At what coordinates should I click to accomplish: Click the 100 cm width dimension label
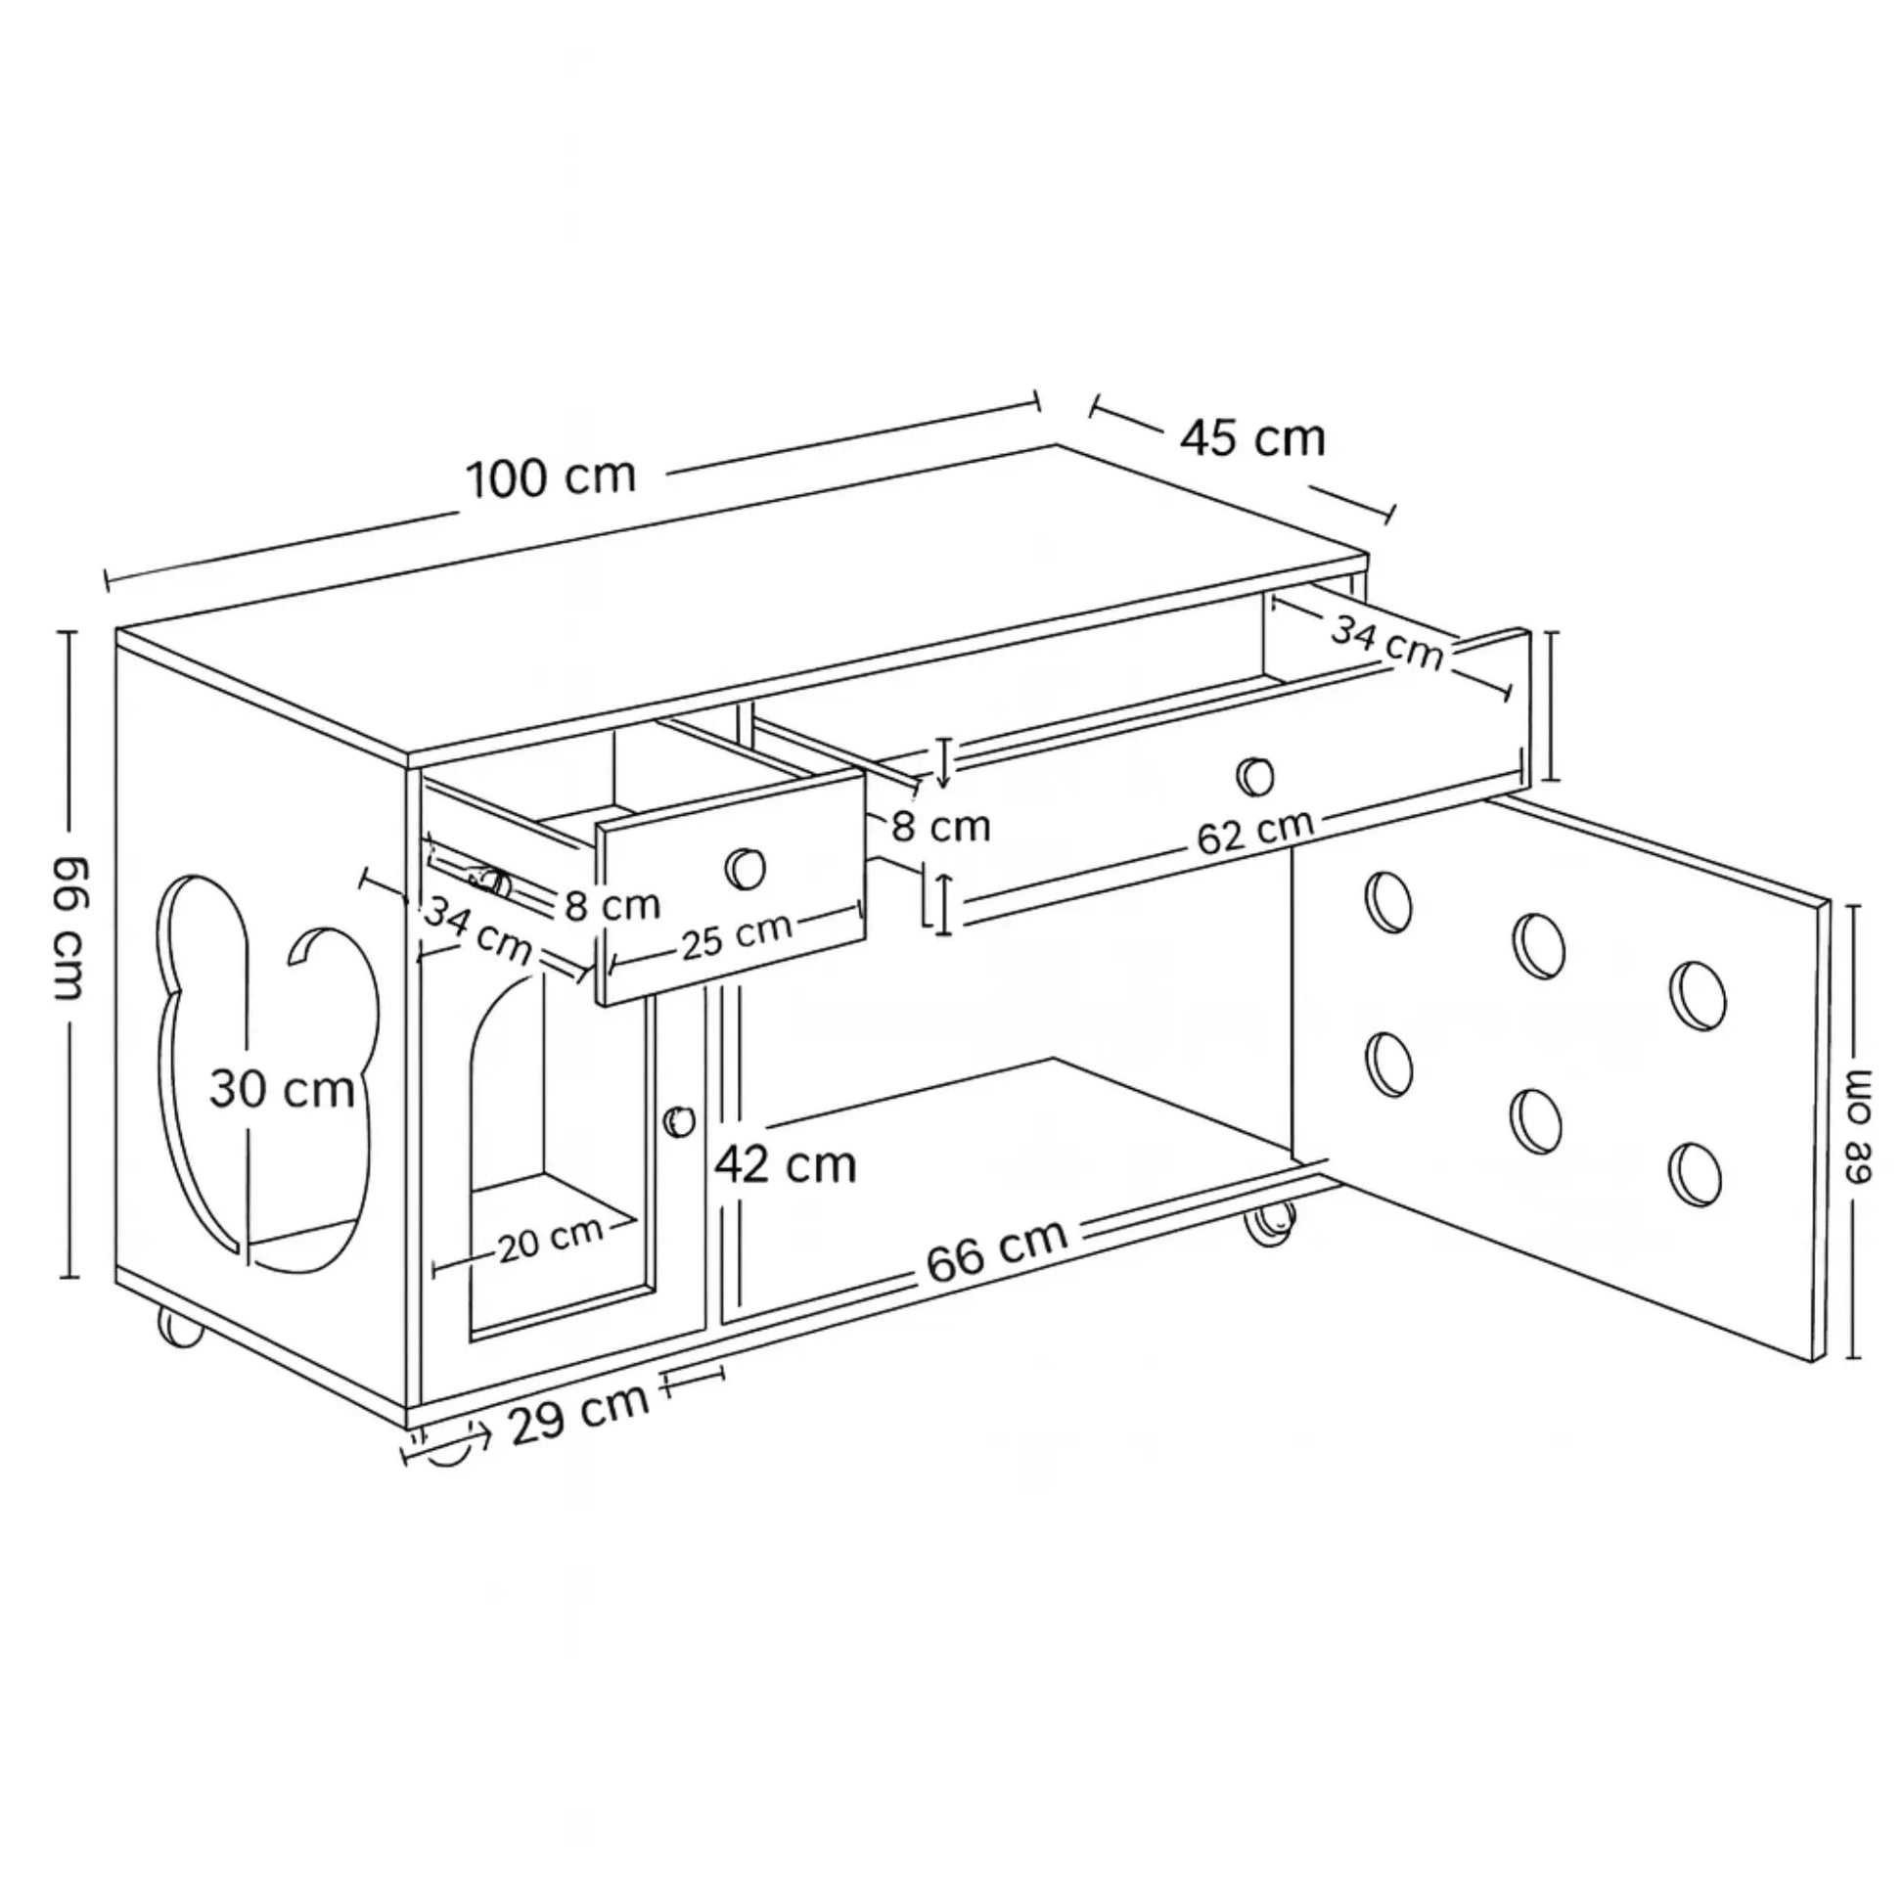551,478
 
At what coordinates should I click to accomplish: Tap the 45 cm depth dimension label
1252,437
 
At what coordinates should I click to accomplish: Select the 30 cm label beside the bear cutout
282,1089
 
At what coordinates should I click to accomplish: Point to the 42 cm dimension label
786,1165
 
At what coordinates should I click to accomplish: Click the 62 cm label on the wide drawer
1255,834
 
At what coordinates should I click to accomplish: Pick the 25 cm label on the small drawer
736,937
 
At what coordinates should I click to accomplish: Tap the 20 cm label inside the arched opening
550,1241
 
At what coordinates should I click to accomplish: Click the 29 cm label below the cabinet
579,1415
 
